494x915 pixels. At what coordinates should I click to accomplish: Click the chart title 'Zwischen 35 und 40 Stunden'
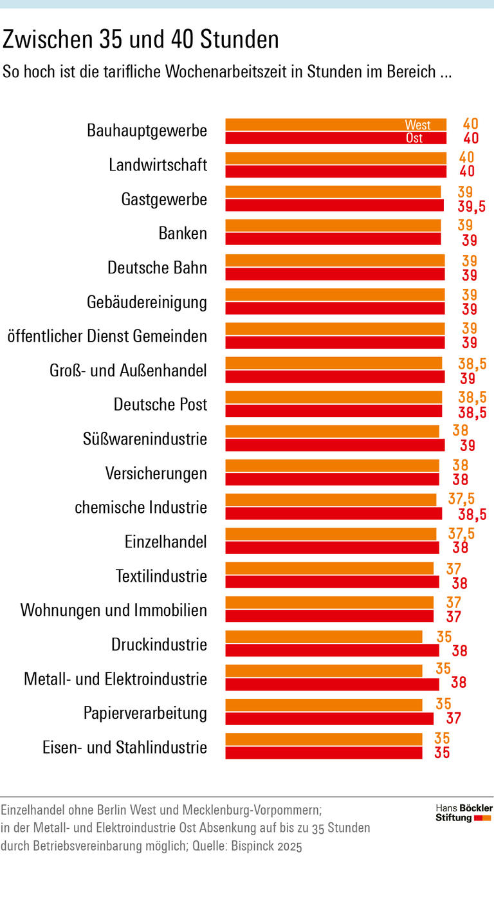coord(141,40)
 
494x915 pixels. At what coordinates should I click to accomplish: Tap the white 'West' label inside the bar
coord(417,125)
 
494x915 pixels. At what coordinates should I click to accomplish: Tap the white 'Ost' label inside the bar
coord(414,138)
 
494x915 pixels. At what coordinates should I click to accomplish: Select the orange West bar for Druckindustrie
coord(324,636)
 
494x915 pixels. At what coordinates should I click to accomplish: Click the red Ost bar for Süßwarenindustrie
coord(334,445)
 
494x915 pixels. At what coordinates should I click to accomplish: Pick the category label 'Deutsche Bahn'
coord(157,268)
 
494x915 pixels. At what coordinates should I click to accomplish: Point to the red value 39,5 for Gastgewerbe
coord(471,207)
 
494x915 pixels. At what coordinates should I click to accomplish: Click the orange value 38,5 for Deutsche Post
coord(471,397)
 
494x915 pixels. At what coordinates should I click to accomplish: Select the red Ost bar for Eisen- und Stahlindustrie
coord(324,752)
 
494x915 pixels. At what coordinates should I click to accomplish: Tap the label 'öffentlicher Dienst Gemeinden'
coord(107,336)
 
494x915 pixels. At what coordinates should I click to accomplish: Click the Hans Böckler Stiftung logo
coord(463,813)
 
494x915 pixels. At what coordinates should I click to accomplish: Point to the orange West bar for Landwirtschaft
coord(335,158)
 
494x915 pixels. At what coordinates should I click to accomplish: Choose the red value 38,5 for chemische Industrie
coord(471,514)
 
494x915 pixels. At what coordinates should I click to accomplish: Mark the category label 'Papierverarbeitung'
coord(145,713)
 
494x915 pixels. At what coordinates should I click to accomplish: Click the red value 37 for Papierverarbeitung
coord(455,719)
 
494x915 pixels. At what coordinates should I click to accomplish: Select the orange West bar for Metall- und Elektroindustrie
coord(324,670)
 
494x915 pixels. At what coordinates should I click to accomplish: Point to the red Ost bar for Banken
coord(333,239)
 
